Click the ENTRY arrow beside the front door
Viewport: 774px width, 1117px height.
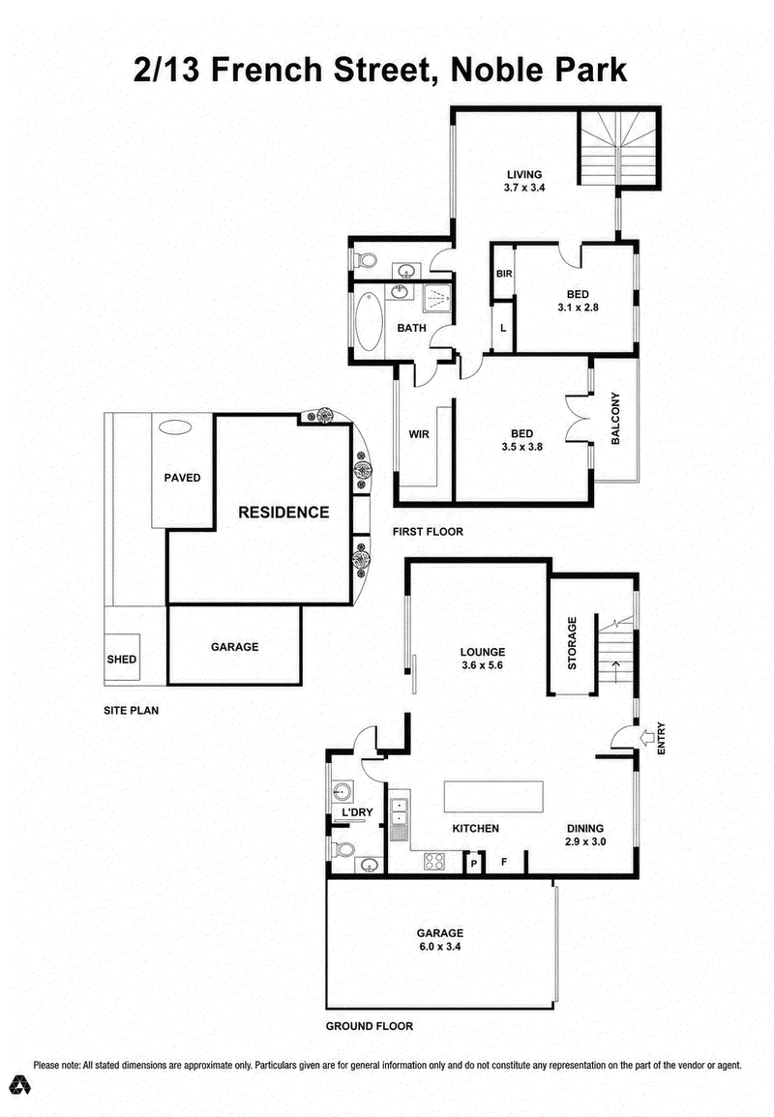(649, 737)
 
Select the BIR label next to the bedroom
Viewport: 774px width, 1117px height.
(504, 274)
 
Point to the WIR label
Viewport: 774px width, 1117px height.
(419, 434)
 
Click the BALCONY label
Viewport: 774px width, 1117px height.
(615, 419)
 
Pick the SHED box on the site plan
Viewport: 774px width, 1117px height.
(121, 659)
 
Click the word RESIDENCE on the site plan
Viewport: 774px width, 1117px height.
(283, 513)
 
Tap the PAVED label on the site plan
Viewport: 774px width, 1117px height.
(183, 478)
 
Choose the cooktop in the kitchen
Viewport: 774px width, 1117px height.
(434, 862)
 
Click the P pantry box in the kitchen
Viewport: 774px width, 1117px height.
(473, 863)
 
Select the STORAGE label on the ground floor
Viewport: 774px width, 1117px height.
(572, 643)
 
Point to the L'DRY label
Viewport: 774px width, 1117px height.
(357, 812)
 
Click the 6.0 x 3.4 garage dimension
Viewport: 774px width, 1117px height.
(440, 946)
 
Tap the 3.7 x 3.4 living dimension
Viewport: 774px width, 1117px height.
(524, 188)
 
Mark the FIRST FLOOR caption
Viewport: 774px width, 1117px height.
(428, 532)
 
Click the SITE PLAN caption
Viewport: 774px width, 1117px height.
(132, 710)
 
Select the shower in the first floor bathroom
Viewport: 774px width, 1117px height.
(437, 298)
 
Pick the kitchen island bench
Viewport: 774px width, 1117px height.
(493, 796)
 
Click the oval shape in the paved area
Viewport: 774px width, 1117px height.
(175, 427)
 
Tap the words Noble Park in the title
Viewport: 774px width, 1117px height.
(539, 71)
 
